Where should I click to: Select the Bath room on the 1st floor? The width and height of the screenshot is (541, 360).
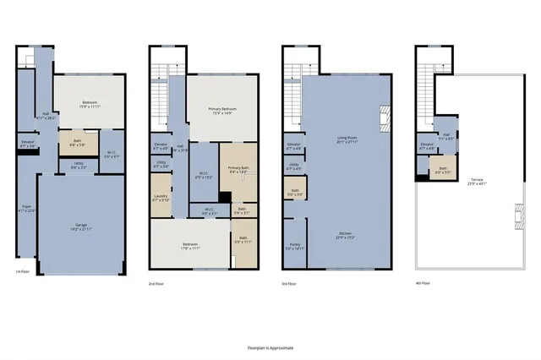76,143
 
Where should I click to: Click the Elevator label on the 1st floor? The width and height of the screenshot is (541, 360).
27,144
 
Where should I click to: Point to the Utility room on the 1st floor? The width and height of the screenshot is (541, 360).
78,166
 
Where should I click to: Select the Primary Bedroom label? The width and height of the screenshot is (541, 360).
221,111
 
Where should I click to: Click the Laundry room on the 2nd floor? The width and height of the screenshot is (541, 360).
161,199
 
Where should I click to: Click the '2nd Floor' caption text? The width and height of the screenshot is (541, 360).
156,283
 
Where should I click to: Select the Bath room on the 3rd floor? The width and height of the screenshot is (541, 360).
294,193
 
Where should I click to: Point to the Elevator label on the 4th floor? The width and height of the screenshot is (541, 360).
426,145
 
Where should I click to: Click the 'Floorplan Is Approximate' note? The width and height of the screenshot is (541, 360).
270,348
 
